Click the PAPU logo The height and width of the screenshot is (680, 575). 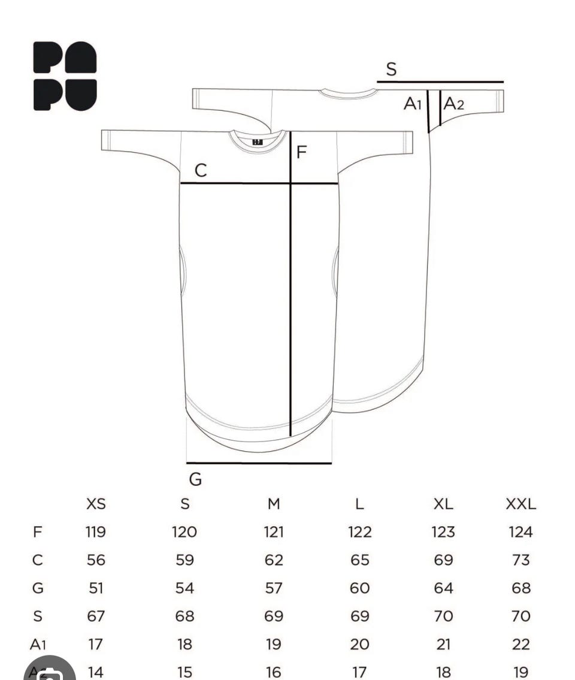pyautogui.click(x=65, y=76)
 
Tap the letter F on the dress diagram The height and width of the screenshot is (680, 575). pyautogui.click(x=302, y=152)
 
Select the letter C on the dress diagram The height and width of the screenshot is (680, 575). pyautogui.click(x=200, y=170)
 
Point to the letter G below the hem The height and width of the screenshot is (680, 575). pyautogui.click(x=196, y=479)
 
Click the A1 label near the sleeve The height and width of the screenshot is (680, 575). pyautogui.click(x=413, y=104)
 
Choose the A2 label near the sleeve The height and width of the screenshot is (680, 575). pyautogui.click(x=453, y=104)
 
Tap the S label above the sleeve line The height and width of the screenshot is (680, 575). pyautogui.click(x=391, y=69)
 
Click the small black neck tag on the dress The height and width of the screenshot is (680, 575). pyautogui.click(x=258, y=142)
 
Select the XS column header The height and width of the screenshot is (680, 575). pyautogui.click(x=96, y=504)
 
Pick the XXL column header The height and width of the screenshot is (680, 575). pyautogui.click(x=521, y=504)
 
